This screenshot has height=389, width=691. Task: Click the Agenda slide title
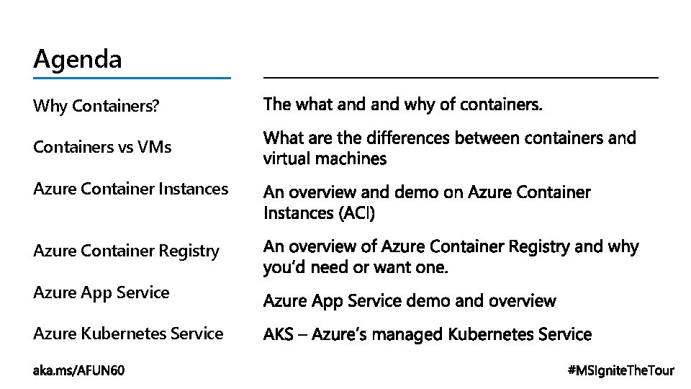tap(78, 58)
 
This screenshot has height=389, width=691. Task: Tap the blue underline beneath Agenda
tap(132, 78)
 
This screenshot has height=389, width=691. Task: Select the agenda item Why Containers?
tap(96, 107)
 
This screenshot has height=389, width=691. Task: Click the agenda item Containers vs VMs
tap(102, 148)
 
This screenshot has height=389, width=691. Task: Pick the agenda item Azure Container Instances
tap(130, 189)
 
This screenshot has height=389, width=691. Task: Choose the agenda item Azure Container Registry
tap(126, 251)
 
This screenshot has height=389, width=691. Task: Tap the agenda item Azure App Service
tap(101, 292)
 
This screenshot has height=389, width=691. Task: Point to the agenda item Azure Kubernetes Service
tap(128, 334)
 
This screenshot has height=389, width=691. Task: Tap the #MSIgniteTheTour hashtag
tap(620, 371)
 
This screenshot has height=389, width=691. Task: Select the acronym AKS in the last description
tap(278, 335)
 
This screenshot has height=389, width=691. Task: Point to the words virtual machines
tap(325, 158)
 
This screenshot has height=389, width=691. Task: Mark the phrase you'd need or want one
tap(356, 268)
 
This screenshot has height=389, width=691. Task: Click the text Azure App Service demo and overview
tap(410, 300)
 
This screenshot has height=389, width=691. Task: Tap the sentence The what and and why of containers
tap(403, 105)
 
